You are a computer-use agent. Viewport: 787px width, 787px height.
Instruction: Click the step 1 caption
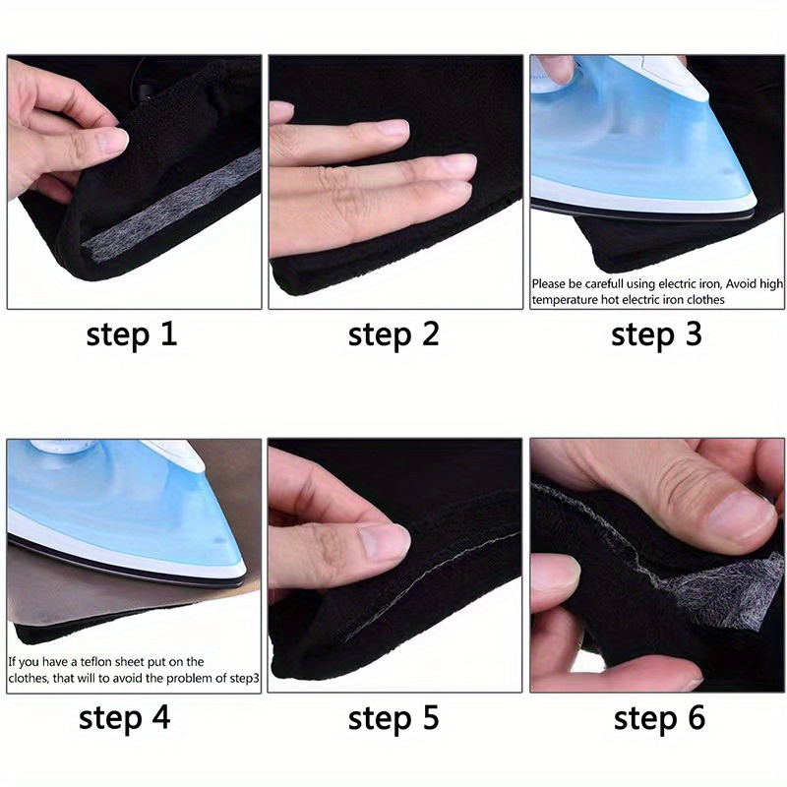tap(131, 335)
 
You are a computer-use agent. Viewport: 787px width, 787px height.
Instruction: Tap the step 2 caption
tap(393, 335)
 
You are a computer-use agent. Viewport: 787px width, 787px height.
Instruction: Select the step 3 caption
tap(656, 335)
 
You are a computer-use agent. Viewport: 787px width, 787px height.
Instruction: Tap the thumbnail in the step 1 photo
tap(110, 142)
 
